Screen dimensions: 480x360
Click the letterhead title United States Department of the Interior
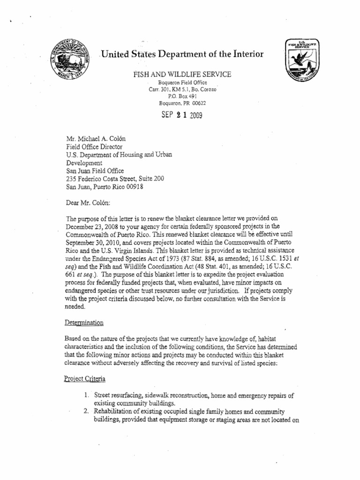tap(182, 54)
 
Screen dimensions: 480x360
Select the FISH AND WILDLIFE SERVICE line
tap(182, 75)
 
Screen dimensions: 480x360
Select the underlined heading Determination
tap(84, 323)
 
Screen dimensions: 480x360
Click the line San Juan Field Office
tap(94, 170)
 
